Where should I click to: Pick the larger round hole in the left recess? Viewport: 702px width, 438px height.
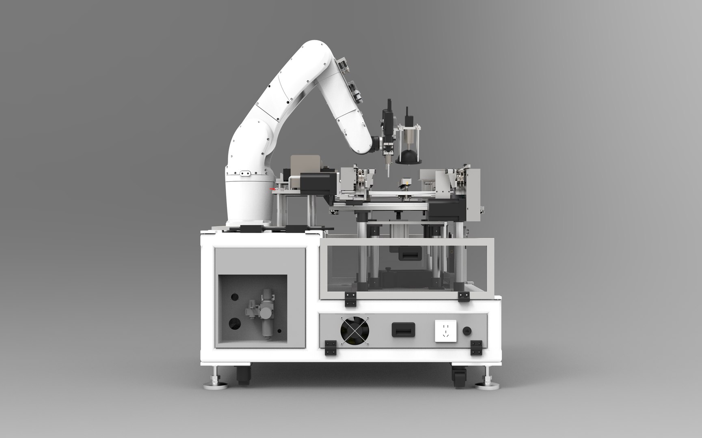tap(235, 323)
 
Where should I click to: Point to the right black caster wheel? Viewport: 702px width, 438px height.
tap(458, 377)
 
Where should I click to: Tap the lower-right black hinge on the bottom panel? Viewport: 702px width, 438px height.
tap(476, 348)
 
